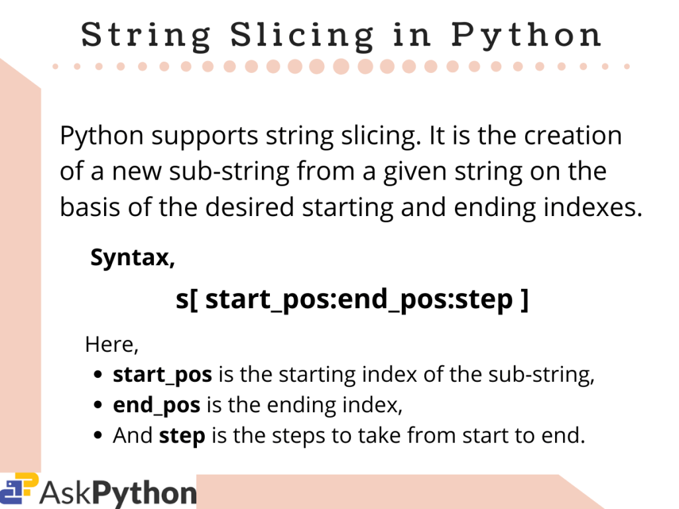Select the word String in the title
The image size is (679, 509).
(x=146, y=35)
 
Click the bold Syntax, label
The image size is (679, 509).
(x=133, y=257)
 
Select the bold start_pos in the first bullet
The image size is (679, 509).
(x=162, y=376)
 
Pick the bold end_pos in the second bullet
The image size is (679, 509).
(x=157, y=406)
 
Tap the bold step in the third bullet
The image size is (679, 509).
(x=182, y=437)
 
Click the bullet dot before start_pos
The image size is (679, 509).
(x=98, y=376)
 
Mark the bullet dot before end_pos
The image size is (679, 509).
(x=98, y=406)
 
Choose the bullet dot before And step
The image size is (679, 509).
(x=98, y=436)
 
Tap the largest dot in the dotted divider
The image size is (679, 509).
(x=341, y=66)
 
